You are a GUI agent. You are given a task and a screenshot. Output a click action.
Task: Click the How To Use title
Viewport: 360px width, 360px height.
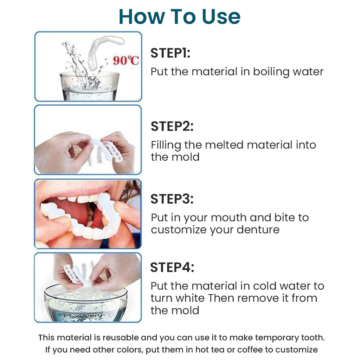[180, 17]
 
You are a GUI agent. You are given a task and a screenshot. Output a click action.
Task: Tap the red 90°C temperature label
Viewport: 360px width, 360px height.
[126, 60]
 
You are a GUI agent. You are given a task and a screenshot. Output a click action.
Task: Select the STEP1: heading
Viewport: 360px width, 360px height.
[171, 53]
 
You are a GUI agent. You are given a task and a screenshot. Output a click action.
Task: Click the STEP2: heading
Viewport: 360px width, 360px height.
[172, 126]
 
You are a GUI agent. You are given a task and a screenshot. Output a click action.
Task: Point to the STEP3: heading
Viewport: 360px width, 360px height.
[172, 199]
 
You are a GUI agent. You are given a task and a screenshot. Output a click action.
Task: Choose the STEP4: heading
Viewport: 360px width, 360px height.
[172, 268]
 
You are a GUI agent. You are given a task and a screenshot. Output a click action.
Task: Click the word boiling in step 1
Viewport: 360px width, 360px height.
[271, 72]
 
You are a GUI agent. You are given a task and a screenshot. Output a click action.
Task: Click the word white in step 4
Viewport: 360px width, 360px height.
[190, 298]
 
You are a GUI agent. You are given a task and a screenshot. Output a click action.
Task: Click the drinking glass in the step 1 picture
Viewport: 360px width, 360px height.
[90, 86]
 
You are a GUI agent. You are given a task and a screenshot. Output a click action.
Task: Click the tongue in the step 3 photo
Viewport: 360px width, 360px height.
[76, 210]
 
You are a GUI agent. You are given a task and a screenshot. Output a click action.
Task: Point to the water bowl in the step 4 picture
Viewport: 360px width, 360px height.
[85, 303]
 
